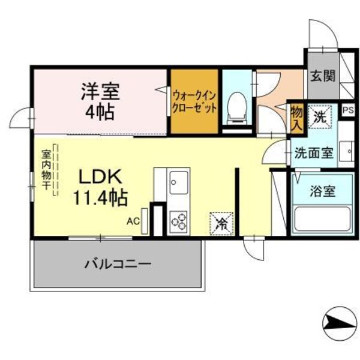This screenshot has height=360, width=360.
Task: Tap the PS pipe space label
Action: tap(347, 110)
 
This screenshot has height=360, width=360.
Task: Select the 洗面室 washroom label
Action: tap(313, 152)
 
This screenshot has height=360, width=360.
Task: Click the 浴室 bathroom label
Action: tap(322, 192)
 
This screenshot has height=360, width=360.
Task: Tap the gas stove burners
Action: tap(178, 221)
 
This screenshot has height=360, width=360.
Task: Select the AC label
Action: tap(133, 221)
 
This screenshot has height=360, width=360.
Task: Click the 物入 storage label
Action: tap(296, 118)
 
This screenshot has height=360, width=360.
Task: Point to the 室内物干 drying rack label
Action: tap(46, 170)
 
